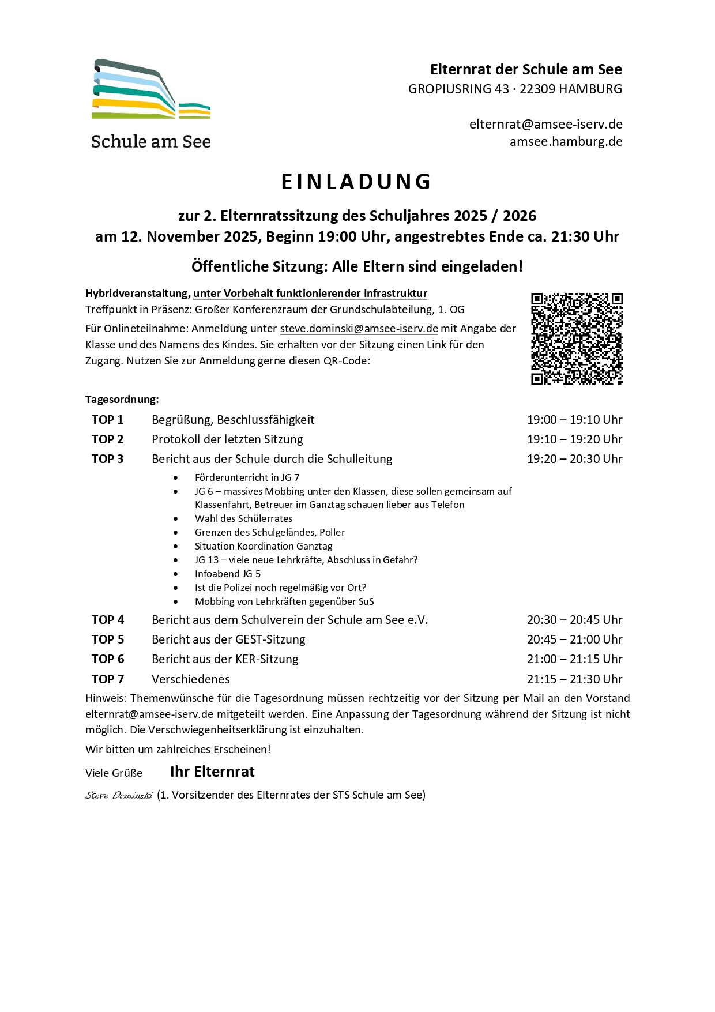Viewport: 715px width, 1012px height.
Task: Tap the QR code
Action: pos(577,338)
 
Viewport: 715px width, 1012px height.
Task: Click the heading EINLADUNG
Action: pos(357,182)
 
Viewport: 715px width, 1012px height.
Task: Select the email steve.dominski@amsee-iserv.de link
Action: pos(359,329)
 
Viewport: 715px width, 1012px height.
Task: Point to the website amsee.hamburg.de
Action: pos(566,142)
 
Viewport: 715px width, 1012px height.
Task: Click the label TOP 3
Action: pos(108,459)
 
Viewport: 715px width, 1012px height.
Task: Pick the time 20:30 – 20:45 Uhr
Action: pos(574,620)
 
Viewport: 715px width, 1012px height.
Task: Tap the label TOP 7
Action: pos(108,679)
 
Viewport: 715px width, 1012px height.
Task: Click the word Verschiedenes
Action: pos(191,679)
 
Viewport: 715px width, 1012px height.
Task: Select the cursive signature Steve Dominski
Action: pos(119,796)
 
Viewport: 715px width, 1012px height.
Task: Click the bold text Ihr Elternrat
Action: pos(212,772)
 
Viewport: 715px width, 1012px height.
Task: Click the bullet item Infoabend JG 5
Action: pos(228,574)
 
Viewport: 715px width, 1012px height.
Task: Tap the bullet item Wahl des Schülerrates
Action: pos(243,518)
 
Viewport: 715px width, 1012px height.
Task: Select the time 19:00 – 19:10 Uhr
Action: pos(574,420)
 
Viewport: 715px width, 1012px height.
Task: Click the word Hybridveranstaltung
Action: pos(138,294)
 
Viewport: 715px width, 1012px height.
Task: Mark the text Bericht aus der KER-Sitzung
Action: pos(225,659)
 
